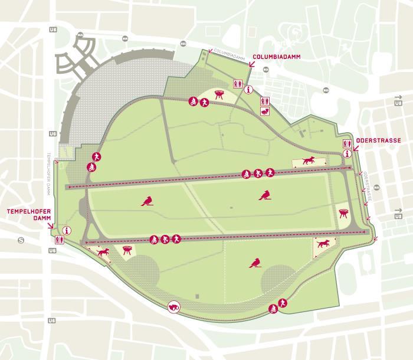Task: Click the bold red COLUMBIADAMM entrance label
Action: coord(273,57)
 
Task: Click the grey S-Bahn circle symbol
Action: coord(21,240)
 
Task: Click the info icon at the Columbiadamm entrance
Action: coord(248,90)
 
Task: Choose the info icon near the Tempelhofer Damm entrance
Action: coord(67,231)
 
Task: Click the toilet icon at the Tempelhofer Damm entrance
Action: coord(59,240)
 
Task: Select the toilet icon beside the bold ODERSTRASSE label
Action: coord(346,143)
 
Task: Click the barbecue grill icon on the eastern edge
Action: coord(344,213)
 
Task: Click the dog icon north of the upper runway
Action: coord(308,161)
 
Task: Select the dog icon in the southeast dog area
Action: coord(322,243)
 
